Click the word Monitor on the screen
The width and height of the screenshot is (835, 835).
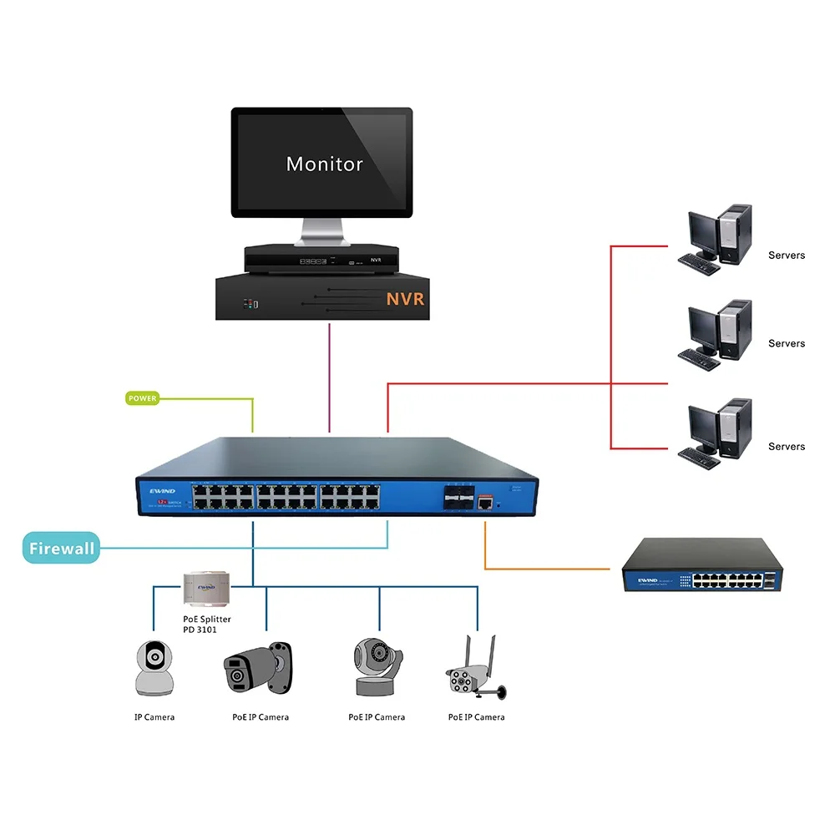pos(324,164)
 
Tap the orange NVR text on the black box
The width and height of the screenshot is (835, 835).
pos(405,299)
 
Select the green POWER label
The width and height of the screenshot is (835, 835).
pos(143,398)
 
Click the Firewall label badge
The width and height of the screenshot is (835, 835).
pos(61,549)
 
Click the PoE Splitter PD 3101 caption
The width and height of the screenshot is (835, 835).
pos(206,624)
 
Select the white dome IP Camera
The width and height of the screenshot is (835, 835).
pos(154,668)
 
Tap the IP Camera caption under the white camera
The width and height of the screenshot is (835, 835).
pos(154,717)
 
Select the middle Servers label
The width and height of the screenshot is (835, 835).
pos(787,343)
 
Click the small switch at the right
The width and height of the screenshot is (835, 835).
pos(703,566)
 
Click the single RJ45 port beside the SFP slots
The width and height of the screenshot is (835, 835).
pos(485,501)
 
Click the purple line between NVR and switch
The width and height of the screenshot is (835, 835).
pos(331,376)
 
